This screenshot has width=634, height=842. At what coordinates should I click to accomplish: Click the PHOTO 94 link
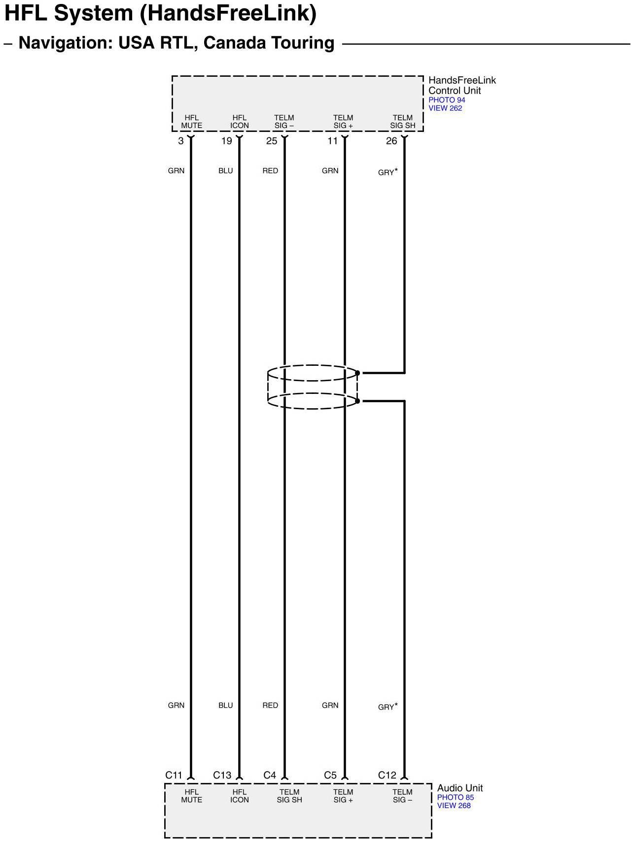447,100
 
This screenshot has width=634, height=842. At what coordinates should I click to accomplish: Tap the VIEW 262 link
445,108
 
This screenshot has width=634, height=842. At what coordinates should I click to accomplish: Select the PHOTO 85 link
455,797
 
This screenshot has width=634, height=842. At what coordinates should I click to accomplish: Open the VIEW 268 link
454,806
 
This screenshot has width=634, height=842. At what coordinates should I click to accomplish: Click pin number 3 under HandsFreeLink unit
181,141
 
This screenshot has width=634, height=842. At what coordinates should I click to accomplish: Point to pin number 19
226,141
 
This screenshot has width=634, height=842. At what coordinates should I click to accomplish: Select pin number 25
272,141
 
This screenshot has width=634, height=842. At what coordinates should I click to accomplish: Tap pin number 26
391,141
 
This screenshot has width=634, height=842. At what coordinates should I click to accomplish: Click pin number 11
333,141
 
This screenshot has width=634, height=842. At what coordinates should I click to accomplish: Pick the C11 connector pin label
174,775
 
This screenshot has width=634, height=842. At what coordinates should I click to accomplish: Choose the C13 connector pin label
222,775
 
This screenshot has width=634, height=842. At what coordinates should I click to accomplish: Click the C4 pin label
270,775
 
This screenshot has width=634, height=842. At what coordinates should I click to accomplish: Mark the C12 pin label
387,775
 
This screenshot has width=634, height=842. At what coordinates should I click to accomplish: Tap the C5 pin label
330,775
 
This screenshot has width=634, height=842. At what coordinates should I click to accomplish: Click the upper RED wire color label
270,171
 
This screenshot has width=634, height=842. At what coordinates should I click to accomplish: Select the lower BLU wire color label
225,705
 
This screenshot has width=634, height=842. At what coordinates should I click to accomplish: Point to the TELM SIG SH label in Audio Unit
289,796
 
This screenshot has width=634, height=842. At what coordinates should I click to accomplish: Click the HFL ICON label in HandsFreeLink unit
240,122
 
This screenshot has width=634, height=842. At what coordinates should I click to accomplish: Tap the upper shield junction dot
357,373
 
